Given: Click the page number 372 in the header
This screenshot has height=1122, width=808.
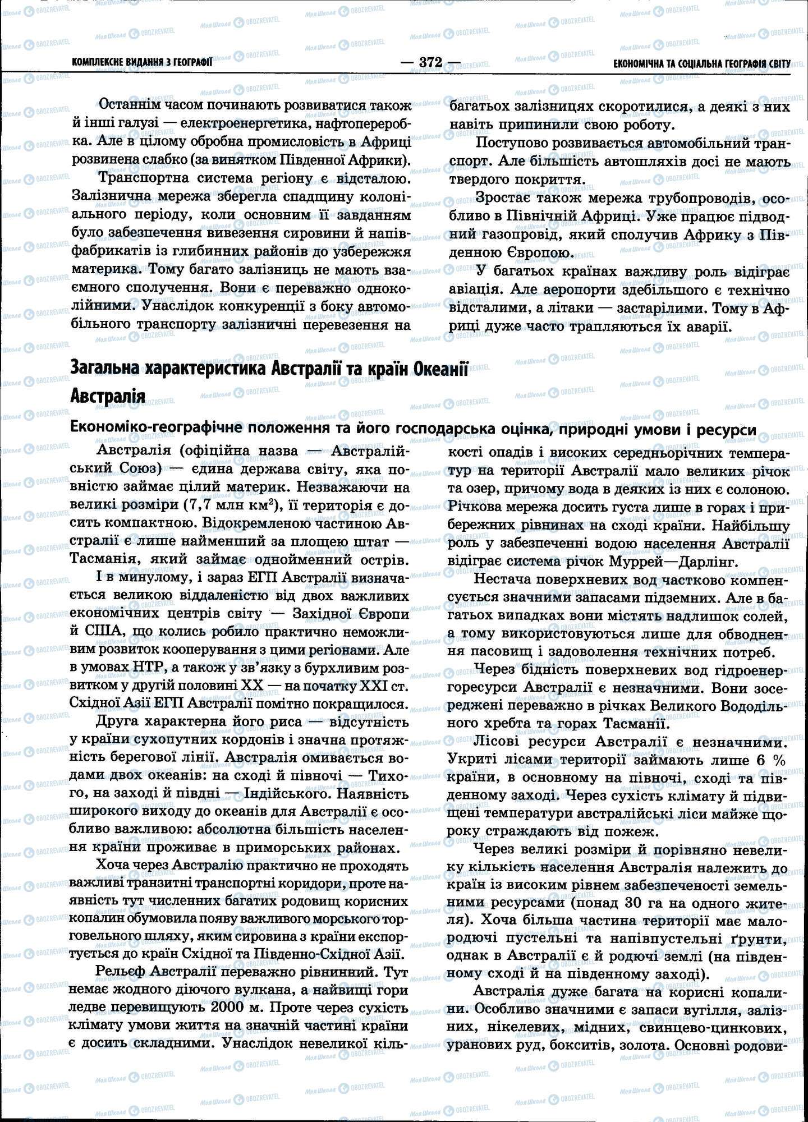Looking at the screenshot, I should click(430, 62).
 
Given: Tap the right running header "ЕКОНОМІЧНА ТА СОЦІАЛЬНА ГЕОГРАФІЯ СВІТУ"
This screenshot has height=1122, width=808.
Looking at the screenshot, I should click(702, 63).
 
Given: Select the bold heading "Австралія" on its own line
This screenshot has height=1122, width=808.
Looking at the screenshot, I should click(108, 396).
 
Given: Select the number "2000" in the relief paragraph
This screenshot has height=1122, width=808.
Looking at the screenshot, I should click(227, 1007).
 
